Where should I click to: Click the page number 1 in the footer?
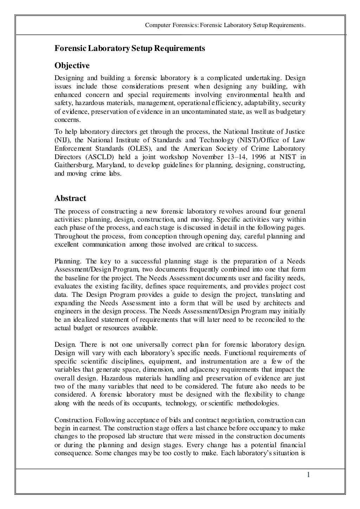tap(308, 475)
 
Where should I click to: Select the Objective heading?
tap(72, 66)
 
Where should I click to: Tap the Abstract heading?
tap(70, 198)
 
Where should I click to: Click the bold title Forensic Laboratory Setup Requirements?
tap(129, 48)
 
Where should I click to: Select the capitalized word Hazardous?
tap(86, 378)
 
